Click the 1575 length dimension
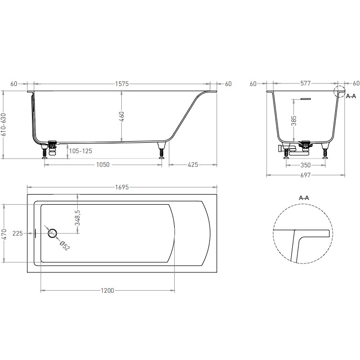122,84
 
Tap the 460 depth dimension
122,117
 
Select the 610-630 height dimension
4,125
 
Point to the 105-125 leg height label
81,151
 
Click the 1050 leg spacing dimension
103,165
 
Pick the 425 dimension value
193,165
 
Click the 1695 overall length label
122,187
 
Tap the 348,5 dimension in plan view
77,218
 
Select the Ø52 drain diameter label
65,246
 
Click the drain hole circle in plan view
52,229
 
